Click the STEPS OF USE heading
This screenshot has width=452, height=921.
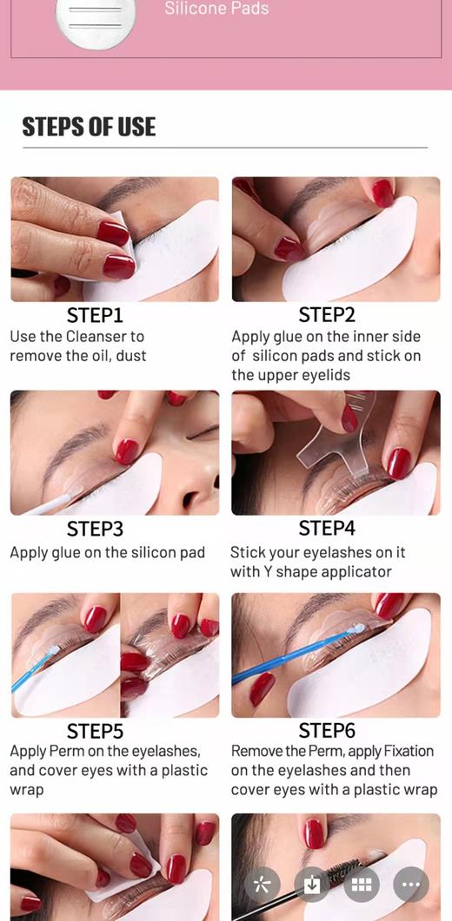tap(89, 127)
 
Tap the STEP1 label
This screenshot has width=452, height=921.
tap(95, 315)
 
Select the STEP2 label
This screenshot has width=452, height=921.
tap(327, 315)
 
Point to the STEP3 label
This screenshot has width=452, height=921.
tap(95, 530)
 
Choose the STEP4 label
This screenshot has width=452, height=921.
tap(327, 530)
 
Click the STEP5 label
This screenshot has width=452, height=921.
tap(95, 731)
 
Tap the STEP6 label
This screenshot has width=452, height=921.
tap(327, 731)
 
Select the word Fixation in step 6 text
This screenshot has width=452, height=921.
tap(409, 751)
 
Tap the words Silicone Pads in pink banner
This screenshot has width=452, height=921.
tap(216, 8)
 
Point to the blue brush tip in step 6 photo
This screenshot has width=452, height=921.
tap(356, 629)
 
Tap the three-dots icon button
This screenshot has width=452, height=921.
tap(411, 885)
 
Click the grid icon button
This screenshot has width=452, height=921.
tap(362, 885)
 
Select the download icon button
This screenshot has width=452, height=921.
tap(312, 885)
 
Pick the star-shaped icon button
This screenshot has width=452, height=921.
tap(263, 885)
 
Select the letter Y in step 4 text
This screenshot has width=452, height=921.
tap(267, 571)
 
